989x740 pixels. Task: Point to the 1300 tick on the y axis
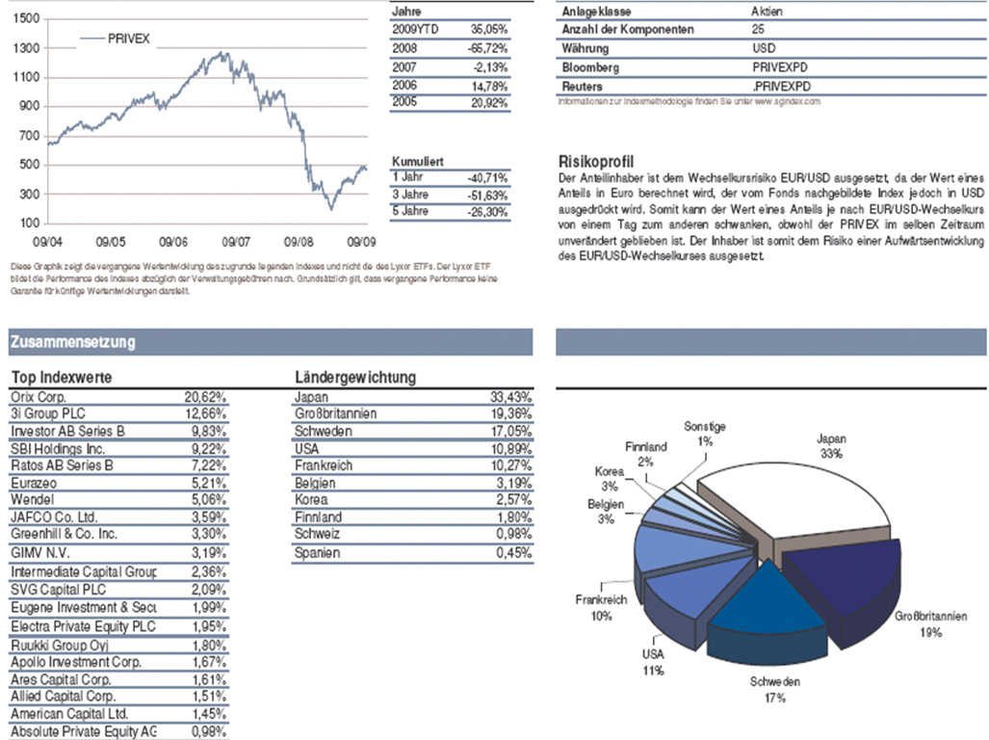click(27, 47)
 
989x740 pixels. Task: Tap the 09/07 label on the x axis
click(236, 243)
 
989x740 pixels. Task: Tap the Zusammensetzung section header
click(72, 342)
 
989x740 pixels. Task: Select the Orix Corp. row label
click(39, 396)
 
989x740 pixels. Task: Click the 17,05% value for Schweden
click(510, 431)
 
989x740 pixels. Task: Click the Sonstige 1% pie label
click(705, 433)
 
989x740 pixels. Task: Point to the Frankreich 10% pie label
click(601, 607)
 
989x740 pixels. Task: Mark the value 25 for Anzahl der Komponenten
click(759, 30)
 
